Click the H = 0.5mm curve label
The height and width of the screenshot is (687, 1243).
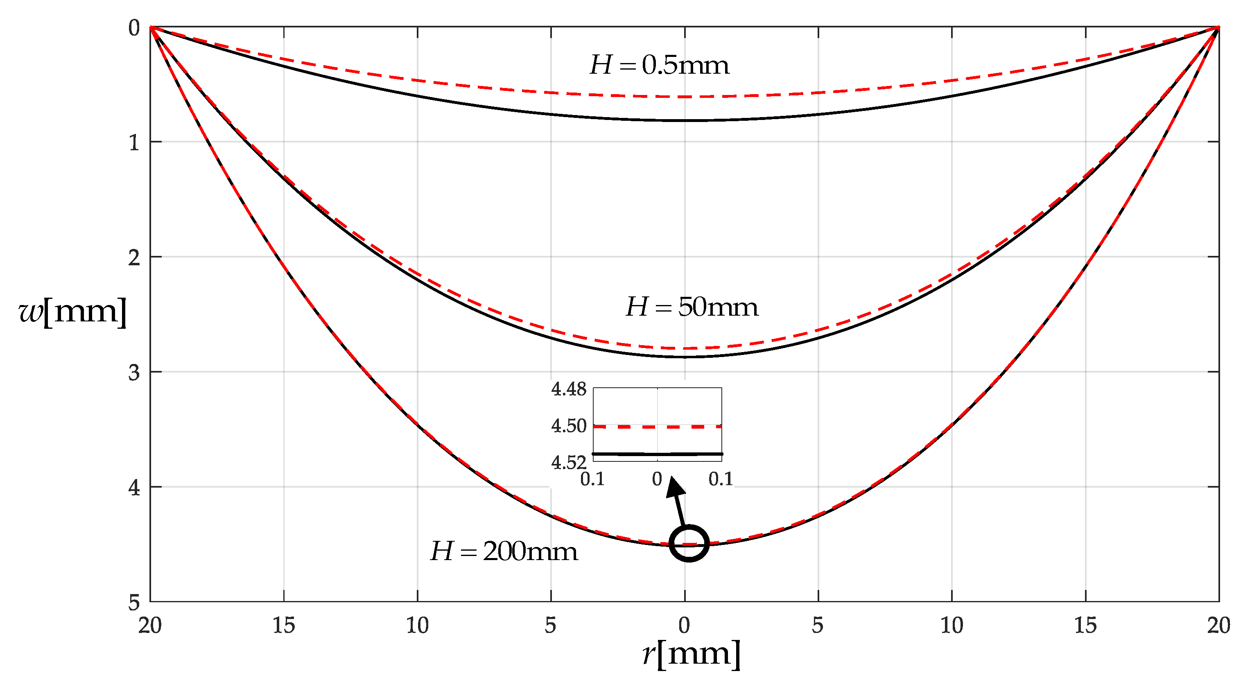click(659, 65)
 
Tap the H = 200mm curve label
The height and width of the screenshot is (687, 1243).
click(503, 551)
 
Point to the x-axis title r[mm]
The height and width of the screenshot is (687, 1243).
click(691, 654)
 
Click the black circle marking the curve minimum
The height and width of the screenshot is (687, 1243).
click(689, 543)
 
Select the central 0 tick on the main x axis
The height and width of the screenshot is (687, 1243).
click(684, 626)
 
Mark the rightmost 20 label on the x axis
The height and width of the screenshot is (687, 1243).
click(1219, 626)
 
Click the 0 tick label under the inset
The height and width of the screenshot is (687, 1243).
click(657, 479)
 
